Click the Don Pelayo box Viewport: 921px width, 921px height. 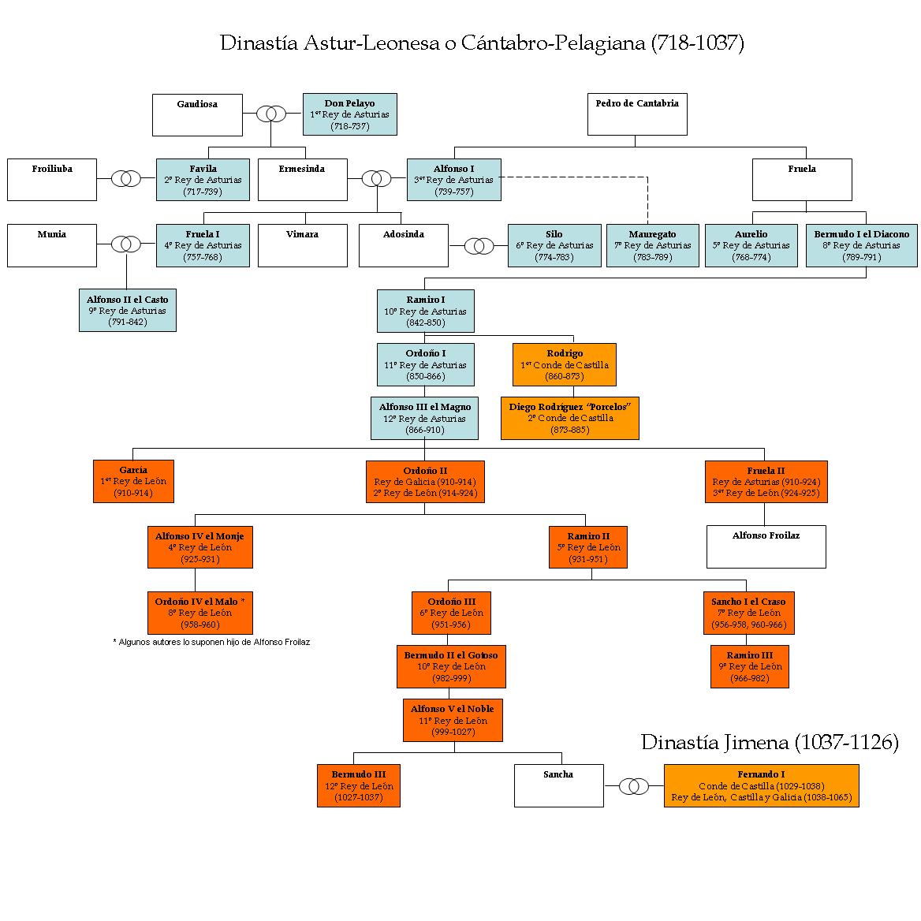pyautogui.click(x=349, y=114)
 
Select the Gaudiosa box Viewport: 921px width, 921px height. pyautogui.click(x=197, y=115)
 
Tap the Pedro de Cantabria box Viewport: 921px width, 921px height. pyautogui.click(x=636, y=114)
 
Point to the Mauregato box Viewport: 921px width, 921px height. pyautogui.click(x=652, y=245)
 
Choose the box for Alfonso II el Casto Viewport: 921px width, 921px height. pyautogui.click(x=127, y=311)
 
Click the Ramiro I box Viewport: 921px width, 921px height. pyautogui.click(x=425, y=311)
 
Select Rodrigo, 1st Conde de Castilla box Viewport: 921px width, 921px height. pyautogui.click(x=564, y=364)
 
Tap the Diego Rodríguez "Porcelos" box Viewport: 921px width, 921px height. pyautogui.click(x=569, y=418)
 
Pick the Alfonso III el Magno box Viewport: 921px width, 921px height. pyautogui.click(x=424, y=418)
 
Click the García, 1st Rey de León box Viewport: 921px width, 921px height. pyautogui.click(x=133, y=481)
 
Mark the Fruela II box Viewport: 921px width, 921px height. pyautogui.click(x=766, y=482)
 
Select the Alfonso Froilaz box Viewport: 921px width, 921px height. pyautogui.click(x=766, y=546)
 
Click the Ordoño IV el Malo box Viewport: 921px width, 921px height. pyautogui.click(x=199, y=613)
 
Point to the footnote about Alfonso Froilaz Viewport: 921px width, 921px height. pyautogui.click(x=211, y=642)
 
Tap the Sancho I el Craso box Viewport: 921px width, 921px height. pyautogui.click(x=748, y=613)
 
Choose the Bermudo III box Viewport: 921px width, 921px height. pyautogui.click(x=358, y=785)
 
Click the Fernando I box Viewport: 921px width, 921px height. pyautogui.click(x=761, y=785)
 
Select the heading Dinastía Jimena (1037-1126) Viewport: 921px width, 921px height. pyautogui.click(x=770, y=742)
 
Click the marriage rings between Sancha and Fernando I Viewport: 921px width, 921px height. pyautogui.click(x=634, y=786)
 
